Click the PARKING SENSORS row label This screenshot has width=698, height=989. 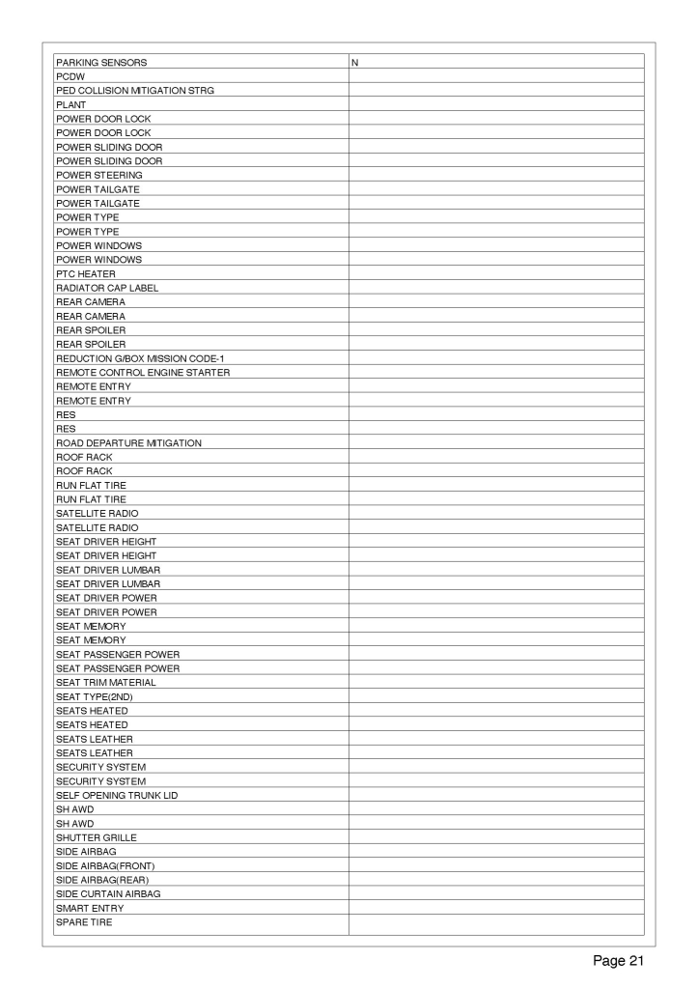(101, 62)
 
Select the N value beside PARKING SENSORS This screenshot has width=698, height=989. (355, 62)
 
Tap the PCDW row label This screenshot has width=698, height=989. (70, 76)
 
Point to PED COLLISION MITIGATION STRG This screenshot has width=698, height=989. (135, 91)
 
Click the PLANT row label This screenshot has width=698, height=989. (71, 104)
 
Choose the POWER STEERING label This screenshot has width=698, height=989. (99, 175)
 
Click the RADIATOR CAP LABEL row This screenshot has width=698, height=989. (107, 288)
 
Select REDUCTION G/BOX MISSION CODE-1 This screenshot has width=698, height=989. (140, 358)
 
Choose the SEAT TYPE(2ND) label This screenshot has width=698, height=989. (94, 696)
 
